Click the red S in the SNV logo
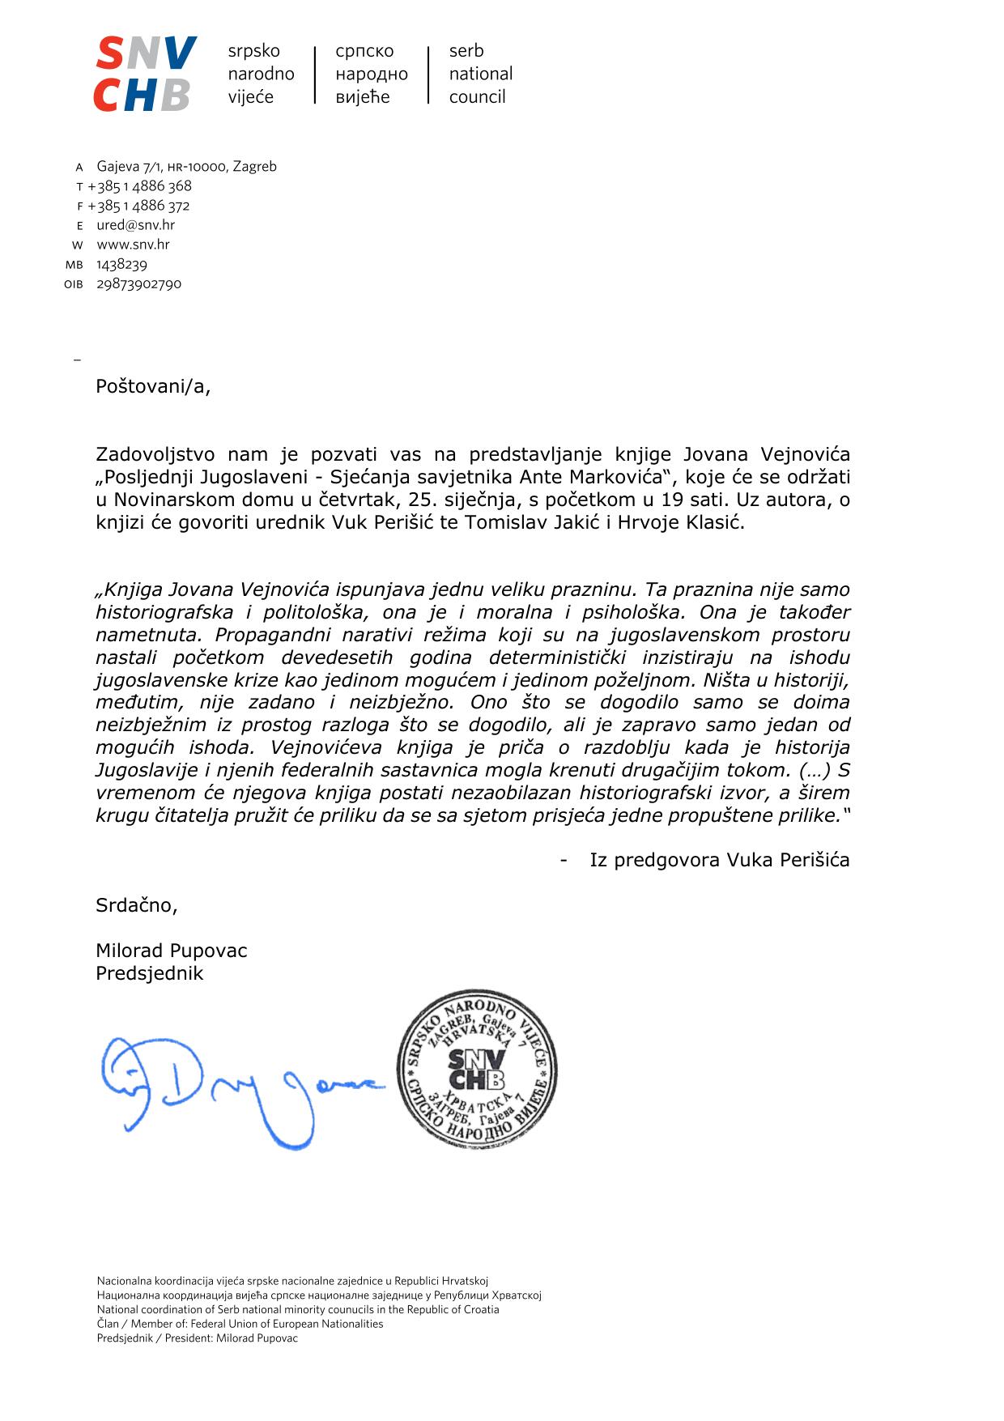point(110,54)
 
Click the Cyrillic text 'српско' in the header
point(364,51)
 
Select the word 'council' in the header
point(477,97)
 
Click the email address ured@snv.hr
point(135,225)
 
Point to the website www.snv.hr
point(133,245)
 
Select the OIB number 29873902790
point(138,284)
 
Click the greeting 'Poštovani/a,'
point(153,386)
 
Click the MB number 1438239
point(121,265)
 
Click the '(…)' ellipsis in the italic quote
point(814,770)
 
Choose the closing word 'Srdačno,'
point(136,905)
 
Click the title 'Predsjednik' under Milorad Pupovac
point(149,973)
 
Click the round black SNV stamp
point(477,1070)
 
